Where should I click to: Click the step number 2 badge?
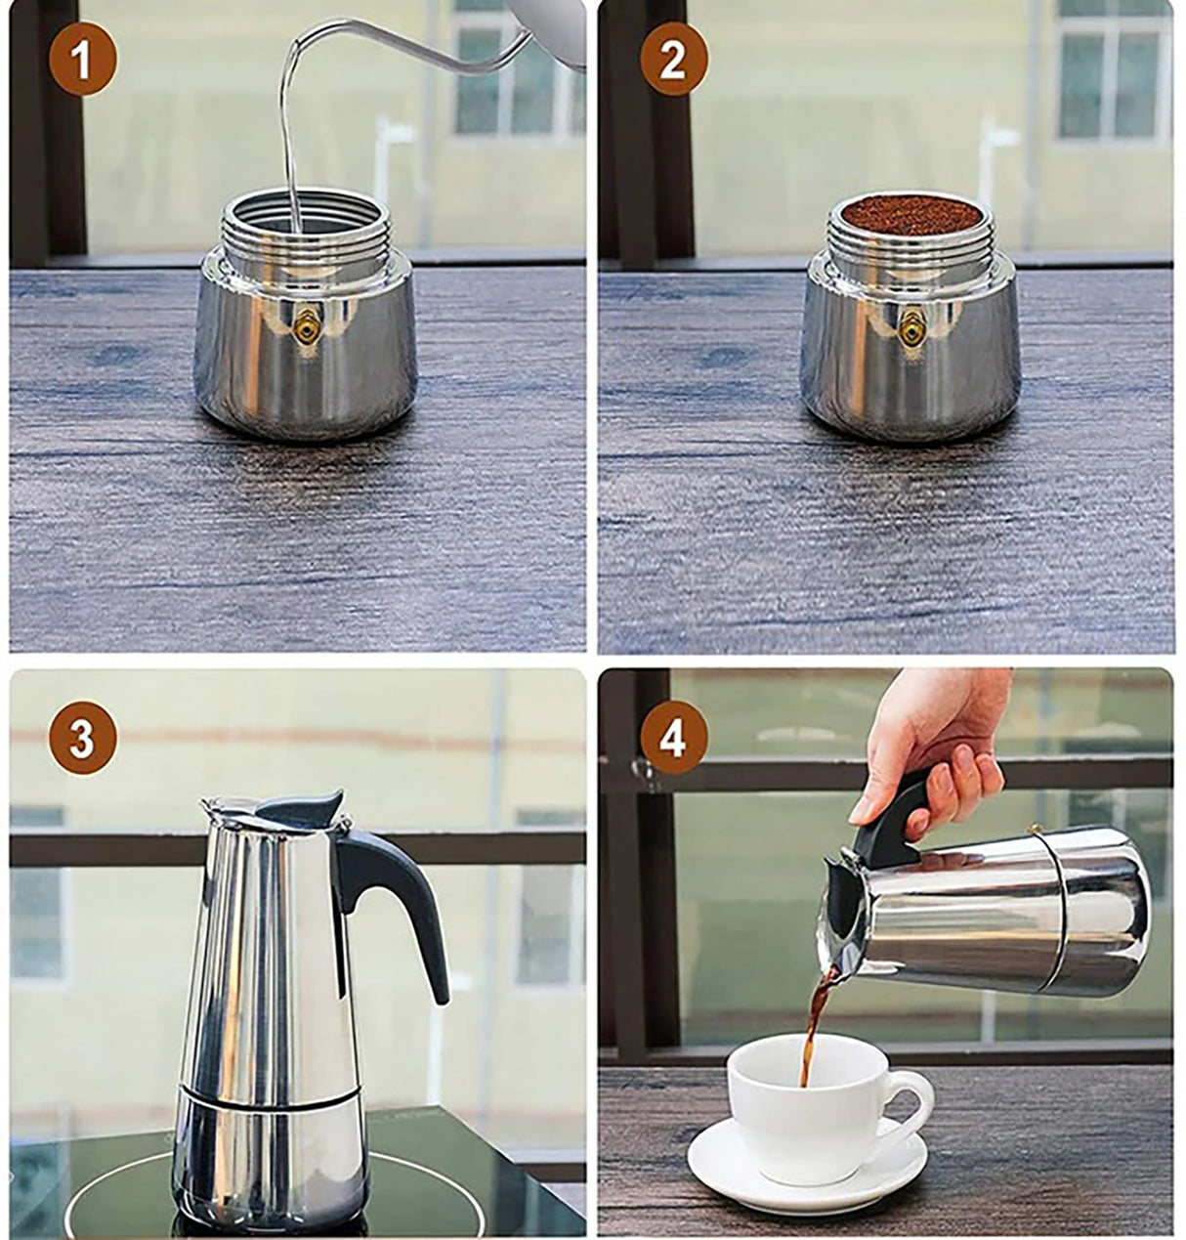pos(672,62)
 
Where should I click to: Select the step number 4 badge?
pos(672,740)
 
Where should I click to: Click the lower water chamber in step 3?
pos(269,1153)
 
